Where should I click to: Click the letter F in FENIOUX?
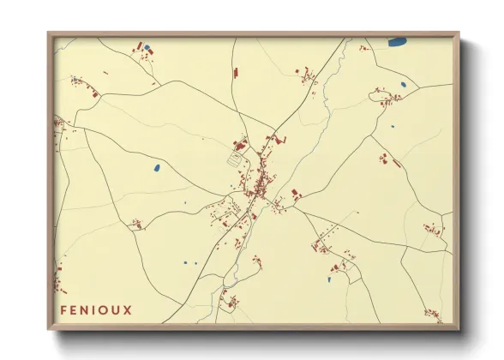pyautogui.click(x=63, y=310)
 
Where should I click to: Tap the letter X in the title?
pyautogui.click(x=129, y=310)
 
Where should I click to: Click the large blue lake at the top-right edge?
pyautogui.click(x=398, y=41)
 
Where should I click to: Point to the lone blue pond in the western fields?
pyautogui.click(x=157, y=166)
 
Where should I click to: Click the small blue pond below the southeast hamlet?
pyautogui.click(x=331, y=279)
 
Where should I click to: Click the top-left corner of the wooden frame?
pyautogui.click(x=49, y=34)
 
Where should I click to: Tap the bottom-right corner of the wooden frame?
pyautogui.click(x=458, y=329)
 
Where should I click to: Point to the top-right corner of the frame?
pyautogui.click(x=458, y=34)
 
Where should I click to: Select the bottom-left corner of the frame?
pyautogui.click(x=49, y=329)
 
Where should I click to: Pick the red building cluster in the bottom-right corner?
pyautogui.click(x=433, y=313)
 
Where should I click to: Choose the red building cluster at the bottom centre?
pyautogui.click(x=229, y=299)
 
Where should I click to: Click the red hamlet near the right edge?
pyautogui.click(x=431, y=230)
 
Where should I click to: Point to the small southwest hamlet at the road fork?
pyautogui.click(x=135, y=225)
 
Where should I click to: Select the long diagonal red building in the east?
pyautogui.click(x=385, y=159)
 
